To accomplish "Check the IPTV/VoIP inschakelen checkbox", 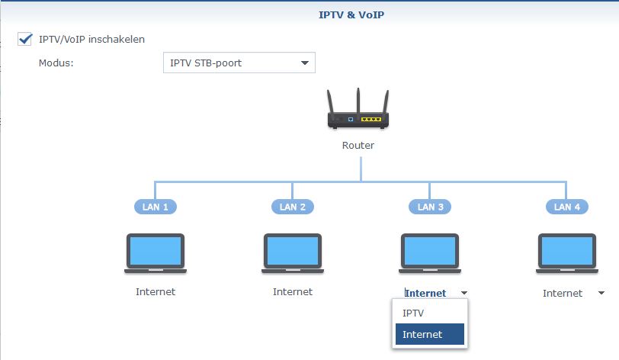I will click(x=24, y=39).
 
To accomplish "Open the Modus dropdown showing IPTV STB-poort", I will click(x=239, y=63).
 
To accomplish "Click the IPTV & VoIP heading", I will click(x=351, y=14).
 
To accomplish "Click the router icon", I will click(x=358, y=111).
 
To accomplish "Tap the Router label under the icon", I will click(x=358, y=145).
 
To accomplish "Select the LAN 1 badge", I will click(x=156, y=207).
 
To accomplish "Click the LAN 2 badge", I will click(x=293, y=207).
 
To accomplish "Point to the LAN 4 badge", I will click(x=567, y=207).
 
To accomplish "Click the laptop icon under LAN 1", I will click(x=156, y=253).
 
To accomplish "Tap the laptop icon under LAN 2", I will click(x=293, y=253).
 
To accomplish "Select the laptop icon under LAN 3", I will click(x=429, y=253).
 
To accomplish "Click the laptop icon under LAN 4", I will click(x=567, y=253).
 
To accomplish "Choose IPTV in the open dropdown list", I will click(x=414, y=313).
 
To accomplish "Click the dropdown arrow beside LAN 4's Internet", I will click(x=601, y=293).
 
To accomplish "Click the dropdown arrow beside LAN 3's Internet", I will click(x=464, y=293).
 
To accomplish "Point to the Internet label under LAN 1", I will click(x=156, y=291).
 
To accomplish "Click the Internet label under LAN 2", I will click(x=293, y=291).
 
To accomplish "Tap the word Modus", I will click(x=55, y=63).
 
